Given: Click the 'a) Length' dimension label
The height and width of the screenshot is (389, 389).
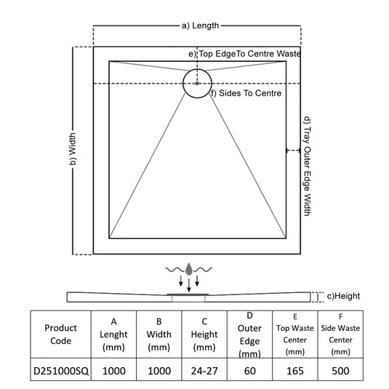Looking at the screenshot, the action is point(200,25).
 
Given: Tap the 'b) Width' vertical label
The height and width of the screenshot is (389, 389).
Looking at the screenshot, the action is point(73,149).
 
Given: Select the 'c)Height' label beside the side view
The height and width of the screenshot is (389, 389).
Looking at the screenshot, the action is point(343,296).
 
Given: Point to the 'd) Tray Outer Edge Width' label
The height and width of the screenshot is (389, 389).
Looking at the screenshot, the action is point(308,167).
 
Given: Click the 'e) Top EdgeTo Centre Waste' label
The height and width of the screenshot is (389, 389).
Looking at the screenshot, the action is point(244,54).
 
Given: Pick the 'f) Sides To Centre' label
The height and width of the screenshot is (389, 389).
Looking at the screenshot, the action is point(246,93).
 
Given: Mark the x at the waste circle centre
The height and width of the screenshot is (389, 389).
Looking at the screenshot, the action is point(197,84).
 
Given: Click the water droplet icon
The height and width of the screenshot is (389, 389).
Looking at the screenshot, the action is point(189,269).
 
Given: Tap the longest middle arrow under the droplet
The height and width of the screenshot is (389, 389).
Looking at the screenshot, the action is point(189,285).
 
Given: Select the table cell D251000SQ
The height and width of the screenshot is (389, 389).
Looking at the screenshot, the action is point(61,371).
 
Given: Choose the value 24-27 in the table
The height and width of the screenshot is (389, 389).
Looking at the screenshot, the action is point(204,371).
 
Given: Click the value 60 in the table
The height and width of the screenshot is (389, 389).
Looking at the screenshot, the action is point(250,371).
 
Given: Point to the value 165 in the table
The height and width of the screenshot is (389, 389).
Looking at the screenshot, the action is point(295,371).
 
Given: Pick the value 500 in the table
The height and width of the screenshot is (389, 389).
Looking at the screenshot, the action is point(340,371).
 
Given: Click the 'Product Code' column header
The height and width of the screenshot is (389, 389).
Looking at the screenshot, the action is point(61,334).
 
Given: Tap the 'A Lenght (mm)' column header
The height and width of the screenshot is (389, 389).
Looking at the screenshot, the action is point(113,334).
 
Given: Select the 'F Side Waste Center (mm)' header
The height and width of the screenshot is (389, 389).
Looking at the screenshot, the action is point(340,334).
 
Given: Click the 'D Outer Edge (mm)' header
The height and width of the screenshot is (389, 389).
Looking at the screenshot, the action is point(250,334).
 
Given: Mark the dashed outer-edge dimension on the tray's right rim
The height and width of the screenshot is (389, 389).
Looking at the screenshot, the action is point(293,151).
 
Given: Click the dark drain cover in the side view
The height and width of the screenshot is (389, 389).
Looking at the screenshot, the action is point(188,294).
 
